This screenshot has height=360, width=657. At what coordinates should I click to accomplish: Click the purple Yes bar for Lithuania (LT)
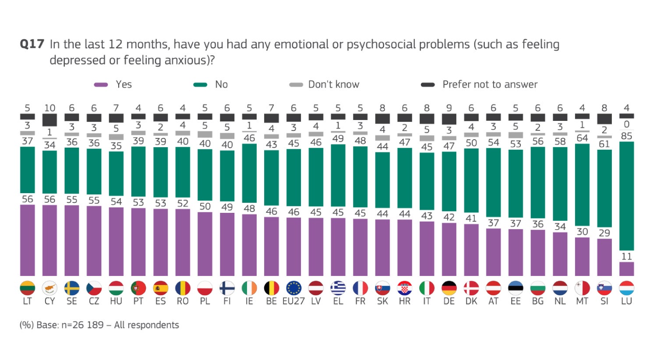click(x=27, y=240)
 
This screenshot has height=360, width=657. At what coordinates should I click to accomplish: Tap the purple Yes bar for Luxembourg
click(x=626, y=269)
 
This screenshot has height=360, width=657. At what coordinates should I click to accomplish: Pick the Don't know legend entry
click(x=325, y=85)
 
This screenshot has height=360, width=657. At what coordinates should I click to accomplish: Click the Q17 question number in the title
click(x=32, y=44)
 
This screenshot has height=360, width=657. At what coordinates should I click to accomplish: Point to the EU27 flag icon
click(x=293, y=288)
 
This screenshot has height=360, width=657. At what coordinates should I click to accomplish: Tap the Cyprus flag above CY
click(x=49, y=288)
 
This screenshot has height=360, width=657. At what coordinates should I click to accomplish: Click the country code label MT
click(x=582, y=301)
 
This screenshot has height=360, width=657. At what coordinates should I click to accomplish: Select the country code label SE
click(x=72, y=301)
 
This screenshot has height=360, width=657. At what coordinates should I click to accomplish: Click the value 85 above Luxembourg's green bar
click(x=626, y=136)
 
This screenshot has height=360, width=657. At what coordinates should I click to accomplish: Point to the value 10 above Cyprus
click(x=49, y=108)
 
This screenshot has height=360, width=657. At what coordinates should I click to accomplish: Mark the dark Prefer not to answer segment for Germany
click(x=449, y=119)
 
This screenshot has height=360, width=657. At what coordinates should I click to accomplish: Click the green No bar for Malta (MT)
click(x=582, y=184)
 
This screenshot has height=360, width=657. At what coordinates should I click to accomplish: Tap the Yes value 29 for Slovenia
click(x=604, y=233)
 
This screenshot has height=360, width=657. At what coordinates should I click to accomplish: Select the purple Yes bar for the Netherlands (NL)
click(x=560, y=254)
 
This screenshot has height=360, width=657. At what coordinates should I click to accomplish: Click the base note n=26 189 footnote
click(x=99, y=325)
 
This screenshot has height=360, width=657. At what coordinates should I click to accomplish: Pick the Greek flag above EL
click(x=338, y=288)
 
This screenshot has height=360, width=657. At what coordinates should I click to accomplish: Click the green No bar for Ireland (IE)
click(x=249, y=173)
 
